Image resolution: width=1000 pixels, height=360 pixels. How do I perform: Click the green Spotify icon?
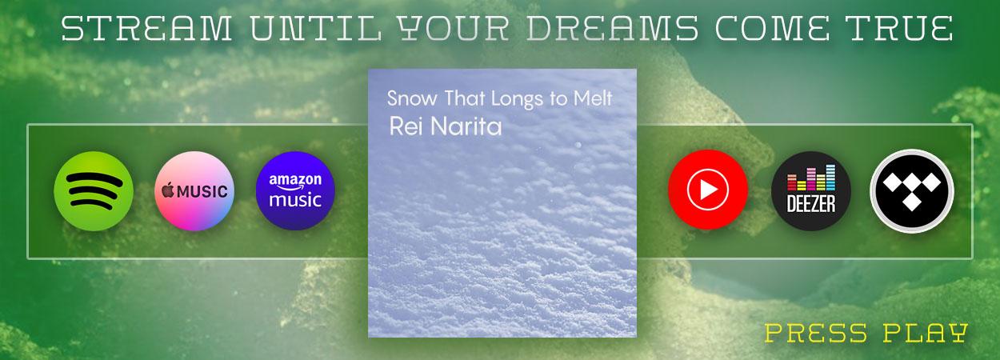93,191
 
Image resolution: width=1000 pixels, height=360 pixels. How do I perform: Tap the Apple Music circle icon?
194,191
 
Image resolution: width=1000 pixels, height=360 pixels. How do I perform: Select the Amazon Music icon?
295,191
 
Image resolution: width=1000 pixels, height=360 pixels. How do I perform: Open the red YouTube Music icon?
708,191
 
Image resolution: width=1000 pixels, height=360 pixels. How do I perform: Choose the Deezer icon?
810,191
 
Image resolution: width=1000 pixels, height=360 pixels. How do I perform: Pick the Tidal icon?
912,191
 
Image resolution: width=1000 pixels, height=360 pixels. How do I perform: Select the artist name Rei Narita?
445,127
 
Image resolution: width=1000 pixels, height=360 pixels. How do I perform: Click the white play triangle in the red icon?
709,191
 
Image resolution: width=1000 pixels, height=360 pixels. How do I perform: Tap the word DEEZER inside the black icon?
810,205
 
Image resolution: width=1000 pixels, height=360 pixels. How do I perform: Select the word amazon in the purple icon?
295,180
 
